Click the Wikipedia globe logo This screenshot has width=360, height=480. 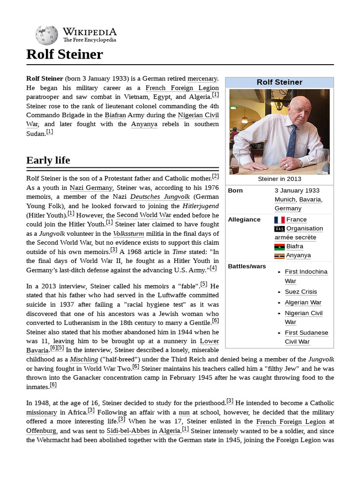46,35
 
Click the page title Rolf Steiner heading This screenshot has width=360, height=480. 65,54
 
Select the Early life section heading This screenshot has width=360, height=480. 48,160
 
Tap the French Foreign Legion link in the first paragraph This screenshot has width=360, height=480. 182,88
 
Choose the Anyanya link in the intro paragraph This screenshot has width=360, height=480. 144,124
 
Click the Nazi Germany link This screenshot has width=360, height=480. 91,187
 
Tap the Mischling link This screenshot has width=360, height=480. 83,360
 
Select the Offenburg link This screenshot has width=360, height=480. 41,430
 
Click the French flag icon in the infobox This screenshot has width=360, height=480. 279,220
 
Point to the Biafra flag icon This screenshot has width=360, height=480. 279,247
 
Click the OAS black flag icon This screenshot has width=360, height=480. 279,229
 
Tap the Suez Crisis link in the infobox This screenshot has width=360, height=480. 300,292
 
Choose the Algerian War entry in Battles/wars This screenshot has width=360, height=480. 303,302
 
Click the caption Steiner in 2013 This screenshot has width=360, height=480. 279,179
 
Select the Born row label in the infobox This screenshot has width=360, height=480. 235,191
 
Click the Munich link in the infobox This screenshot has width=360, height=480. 285,199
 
